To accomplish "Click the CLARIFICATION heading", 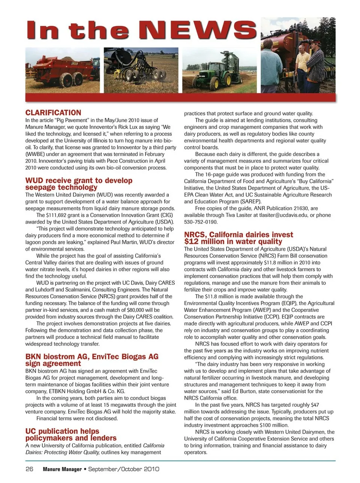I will (x=53, y=113).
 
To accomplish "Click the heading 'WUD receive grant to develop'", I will (x=79, y=181).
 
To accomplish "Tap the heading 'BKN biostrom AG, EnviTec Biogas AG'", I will (x=92, y=357).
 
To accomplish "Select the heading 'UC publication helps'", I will (x=62, y=431).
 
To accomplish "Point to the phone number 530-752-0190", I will (x=201, y=222).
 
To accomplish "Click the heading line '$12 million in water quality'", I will (x=233, y=242).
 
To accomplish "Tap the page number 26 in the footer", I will (x=29, y=469).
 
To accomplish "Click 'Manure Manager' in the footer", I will (x=62, y=469).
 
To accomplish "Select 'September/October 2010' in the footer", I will (x=124, y=469).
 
